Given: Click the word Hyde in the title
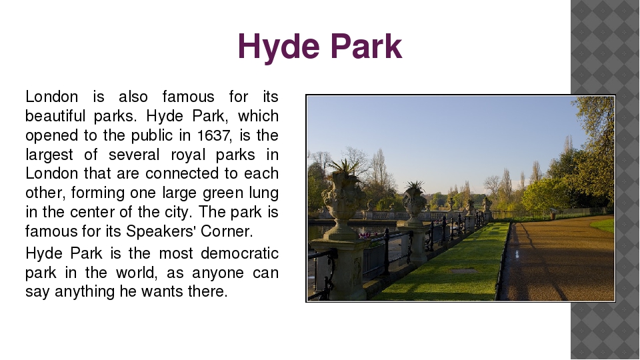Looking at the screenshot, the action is coord(279,47).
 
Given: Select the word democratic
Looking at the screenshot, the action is coord(239,253).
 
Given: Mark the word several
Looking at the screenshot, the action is coord(134,155).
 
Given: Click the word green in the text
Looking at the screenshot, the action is coord(223,193).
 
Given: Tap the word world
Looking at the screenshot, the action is coord(137,273).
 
